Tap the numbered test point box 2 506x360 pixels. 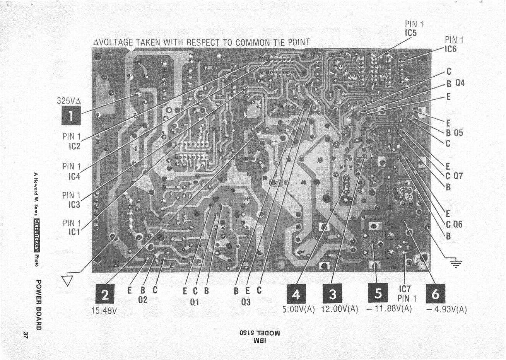tap(105, 295)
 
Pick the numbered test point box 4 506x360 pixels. tap(296, 295)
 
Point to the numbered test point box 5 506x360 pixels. tap(378, 293)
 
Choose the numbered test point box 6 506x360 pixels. tap(435, 295)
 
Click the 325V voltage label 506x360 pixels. tap(69, 101)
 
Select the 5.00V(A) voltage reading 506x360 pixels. tap(299, 309)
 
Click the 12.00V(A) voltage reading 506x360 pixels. tap(339, 309)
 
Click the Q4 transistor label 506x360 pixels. tap(460, 83)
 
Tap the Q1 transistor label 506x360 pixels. tap(195, 302)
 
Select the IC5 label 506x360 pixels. tap(410, 33)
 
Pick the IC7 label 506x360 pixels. tap(405, 289)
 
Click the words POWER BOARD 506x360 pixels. tap(38, 305)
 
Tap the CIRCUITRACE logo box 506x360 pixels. tap(36, 235)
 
